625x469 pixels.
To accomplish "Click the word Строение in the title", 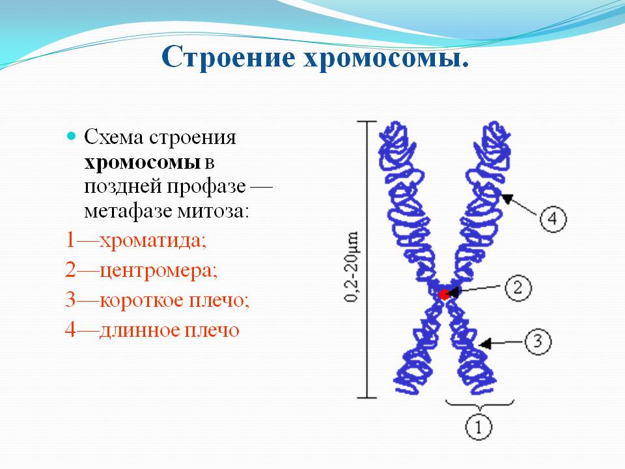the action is click(x=229, y=57).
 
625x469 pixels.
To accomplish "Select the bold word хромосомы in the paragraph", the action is click(x=143, y=163).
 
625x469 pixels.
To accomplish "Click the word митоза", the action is click(x=213, y=211).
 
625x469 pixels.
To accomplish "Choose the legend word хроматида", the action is click(x=152, y=241).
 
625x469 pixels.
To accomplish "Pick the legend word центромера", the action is click(x=158, y=271).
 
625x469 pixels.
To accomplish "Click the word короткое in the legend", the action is click(x=141, y=300).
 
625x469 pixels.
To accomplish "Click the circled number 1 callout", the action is click(x=479, y=427).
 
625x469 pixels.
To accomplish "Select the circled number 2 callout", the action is click(x=518, y=288).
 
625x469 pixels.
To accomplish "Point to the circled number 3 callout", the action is click(x=538, y=341).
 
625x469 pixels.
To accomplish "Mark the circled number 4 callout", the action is click(x=553, y=219).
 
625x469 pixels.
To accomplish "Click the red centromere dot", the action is click(x=443, y=294).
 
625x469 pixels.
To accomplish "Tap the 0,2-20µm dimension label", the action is click(x=351, y=267).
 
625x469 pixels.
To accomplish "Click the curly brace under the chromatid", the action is click(x=480, y=405).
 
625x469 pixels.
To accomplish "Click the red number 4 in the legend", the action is click(x=70, y=330).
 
